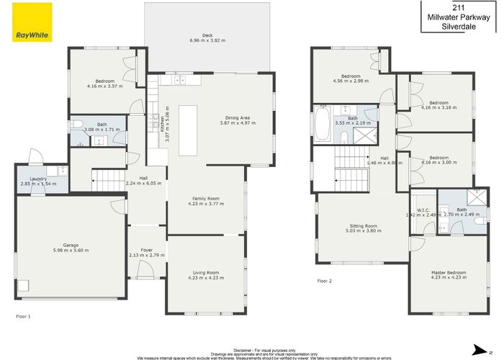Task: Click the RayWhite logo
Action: (32, 21)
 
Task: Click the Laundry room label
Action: (39, 178)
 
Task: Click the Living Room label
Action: (206, 272)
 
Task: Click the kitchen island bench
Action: (189, 130)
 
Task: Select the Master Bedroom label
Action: (449, 272)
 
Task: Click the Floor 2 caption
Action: (325, 281)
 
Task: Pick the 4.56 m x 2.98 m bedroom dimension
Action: (351, 81)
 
